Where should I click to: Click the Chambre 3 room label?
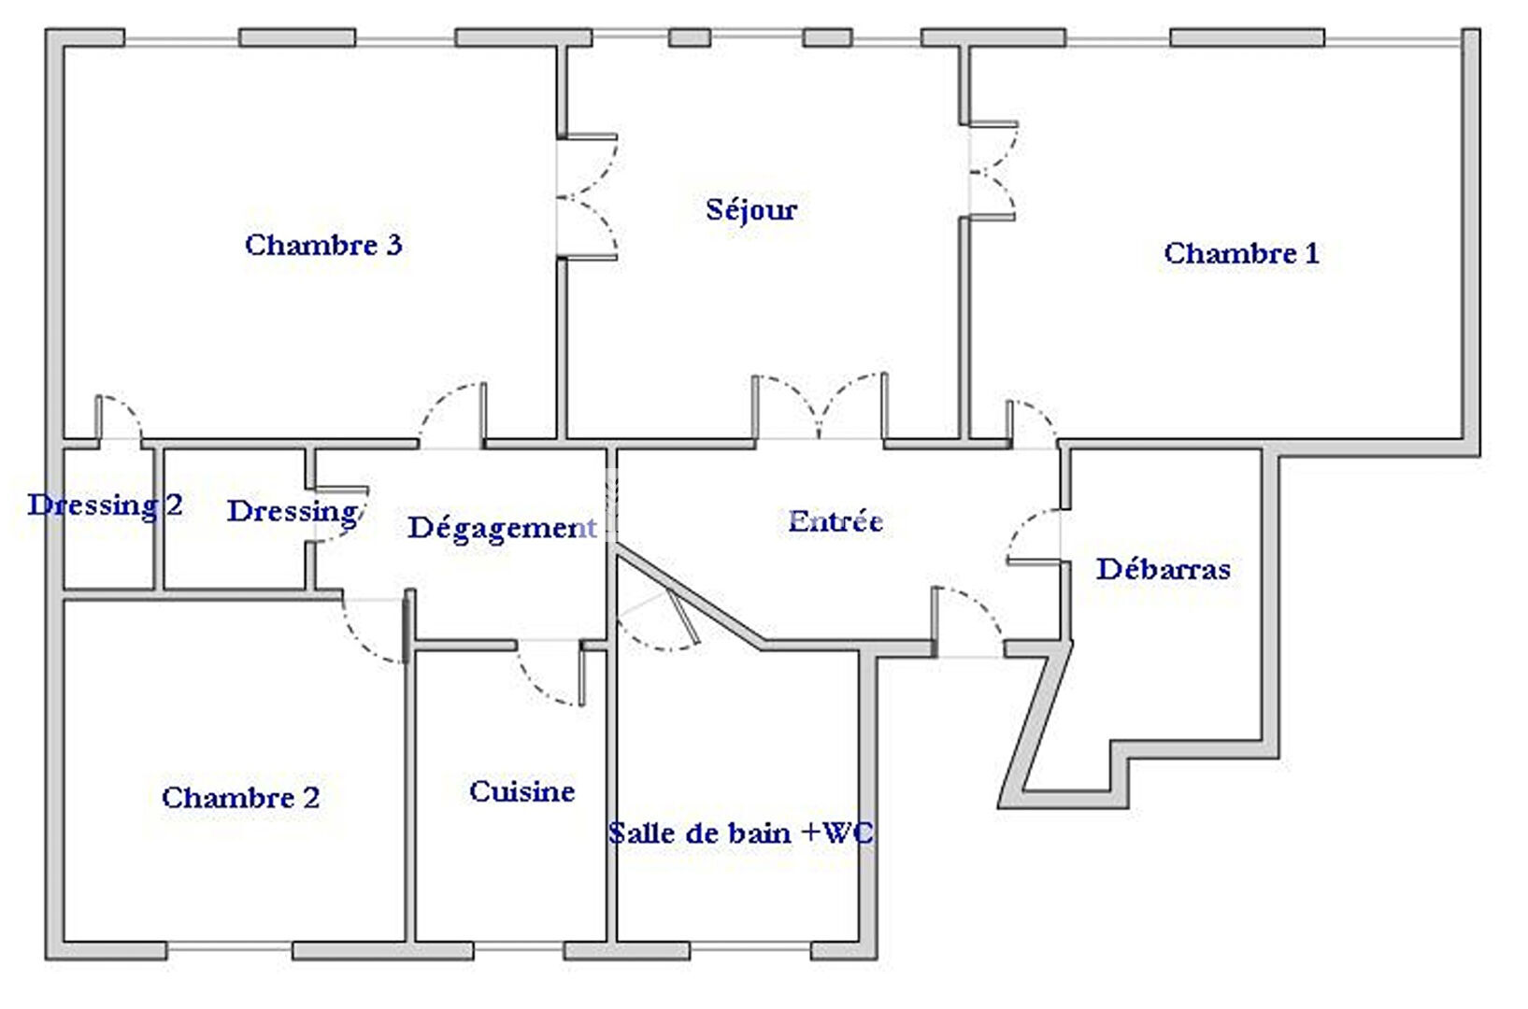323,245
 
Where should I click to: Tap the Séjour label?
751,209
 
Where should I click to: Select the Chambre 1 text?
1241,253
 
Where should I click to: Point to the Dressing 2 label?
105,505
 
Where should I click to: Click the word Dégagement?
501,529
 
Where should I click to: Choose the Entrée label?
835,521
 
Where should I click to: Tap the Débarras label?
1163,569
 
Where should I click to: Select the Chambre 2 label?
240,797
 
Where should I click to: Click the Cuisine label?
521,790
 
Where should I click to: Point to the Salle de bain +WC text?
740,832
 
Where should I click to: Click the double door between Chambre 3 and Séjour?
588,197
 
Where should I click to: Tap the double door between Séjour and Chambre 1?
992,170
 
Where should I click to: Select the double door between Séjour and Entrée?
819,406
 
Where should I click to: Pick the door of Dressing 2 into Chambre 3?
120,418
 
